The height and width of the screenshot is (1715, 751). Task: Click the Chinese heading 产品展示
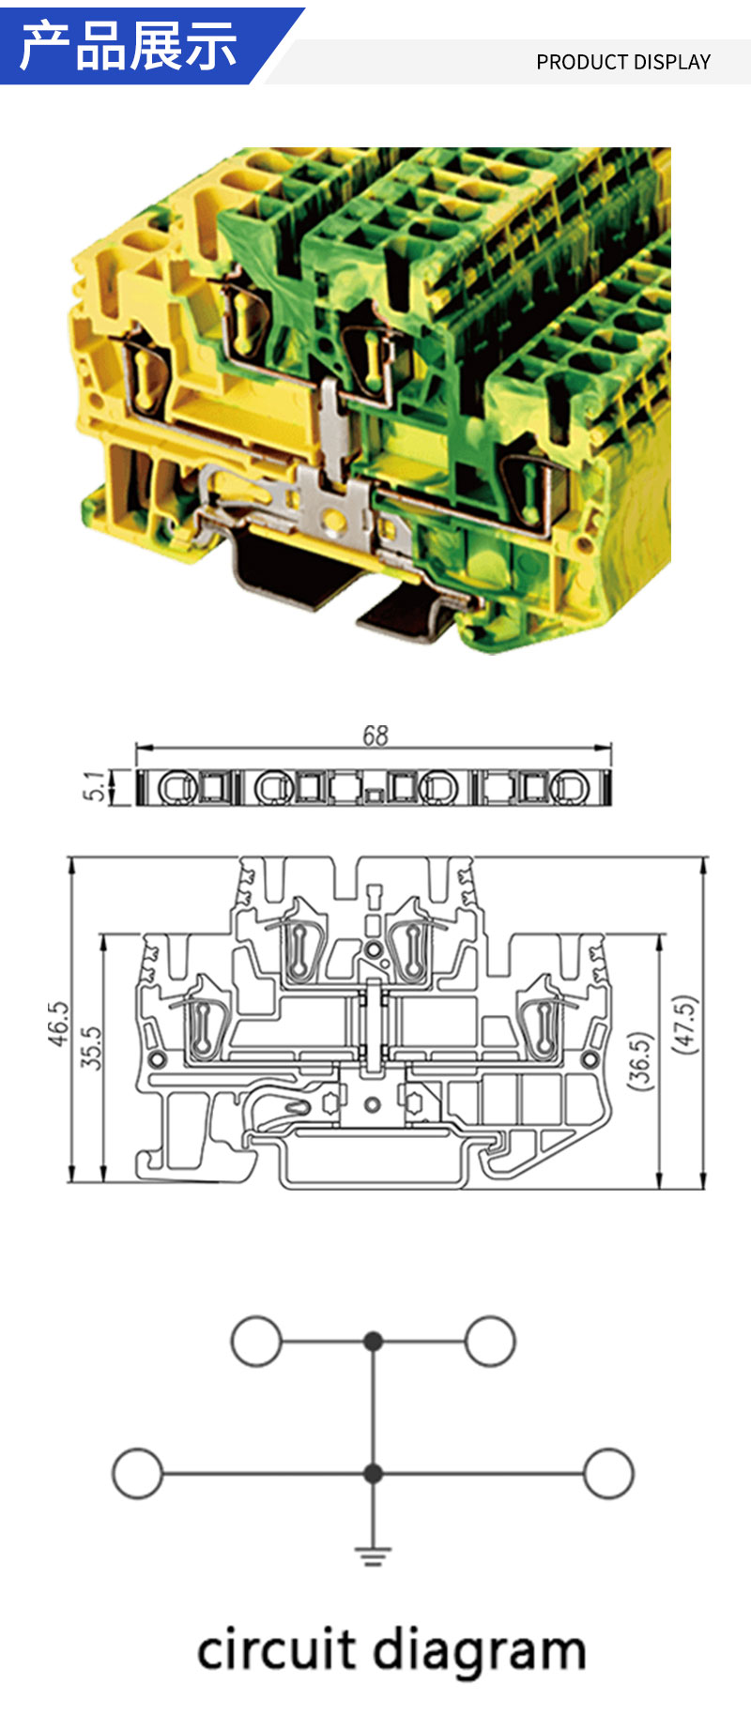(129, 45)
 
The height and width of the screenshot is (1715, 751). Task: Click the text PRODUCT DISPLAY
(623, 62)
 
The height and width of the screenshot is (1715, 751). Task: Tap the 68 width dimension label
(375, 736)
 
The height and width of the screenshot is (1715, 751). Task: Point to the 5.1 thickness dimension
(96, 786)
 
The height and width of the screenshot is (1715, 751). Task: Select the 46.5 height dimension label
(58, 1023)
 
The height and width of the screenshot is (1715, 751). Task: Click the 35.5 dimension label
(91, 1047)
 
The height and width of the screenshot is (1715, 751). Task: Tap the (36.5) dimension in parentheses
(639, 1060)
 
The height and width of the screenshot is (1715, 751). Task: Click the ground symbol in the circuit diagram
(373, 1556)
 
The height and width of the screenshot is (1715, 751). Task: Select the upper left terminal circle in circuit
(256, 1341)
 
